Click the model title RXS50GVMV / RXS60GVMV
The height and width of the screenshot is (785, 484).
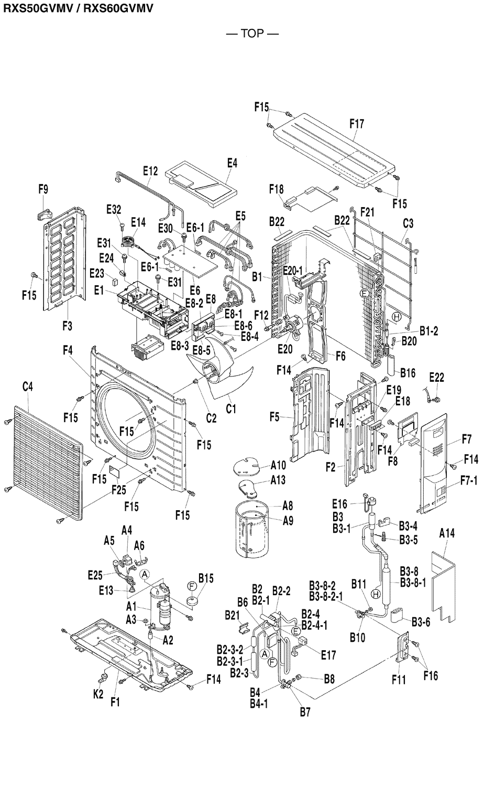click(78, 9)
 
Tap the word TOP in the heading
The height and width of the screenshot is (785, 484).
click(252, 34)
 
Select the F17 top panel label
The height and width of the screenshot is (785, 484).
click(357, 124)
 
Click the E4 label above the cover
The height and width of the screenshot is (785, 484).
click(232, 164)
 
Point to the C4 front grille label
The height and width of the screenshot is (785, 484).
click(27, 387)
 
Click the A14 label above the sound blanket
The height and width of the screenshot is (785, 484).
click(447, 533)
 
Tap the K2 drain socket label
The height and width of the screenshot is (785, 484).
click(98, 694)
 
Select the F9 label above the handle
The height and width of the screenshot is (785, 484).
click(43, 189)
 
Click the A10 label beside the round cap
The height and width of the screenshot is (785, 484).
click(279, 465)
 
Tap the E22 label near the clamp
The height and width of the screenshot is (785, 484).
click(436, 378)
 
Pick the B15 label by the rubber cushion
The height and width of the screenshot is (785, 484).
click(206, 578)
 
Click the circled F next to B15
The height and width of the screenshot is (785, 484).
click(192, 585)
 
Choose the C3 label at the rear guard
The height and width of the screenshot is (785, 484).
click(408, 224)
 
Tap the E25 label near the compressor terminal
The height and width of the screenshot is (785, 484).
click(95, 575)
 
